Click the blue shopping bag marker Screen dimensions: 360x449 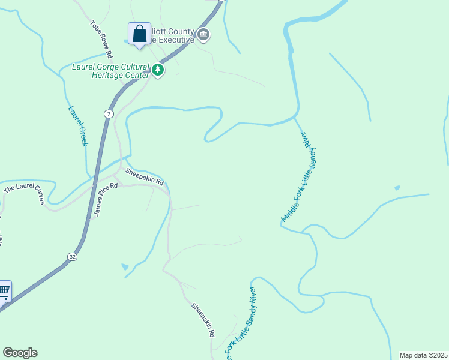click(x=139, y=34)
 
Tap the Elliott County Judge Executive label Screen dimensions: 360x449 click(x=174, y=35)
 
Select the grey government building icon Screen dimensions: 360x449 click(x=203, y=35)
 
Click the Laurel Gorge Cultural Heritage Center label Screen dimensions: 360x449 click(x=110, y=70)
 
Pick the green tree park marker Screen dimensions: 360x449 click(x=158, y=70)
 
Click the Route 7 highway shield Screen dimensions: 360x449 click(x=108, y=113)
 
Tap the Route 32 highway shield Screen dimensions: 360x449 click(x=72, y=257)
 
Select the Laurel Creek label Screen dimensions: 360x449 click(x=78, y=126)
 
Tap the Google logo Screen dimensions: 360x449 click(x=20, y=353)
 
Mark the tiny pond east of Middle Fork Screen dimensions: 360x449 click(x=397, y=188)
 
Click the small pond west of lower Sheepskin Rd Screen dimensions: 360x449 click(x=124, y=266)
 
